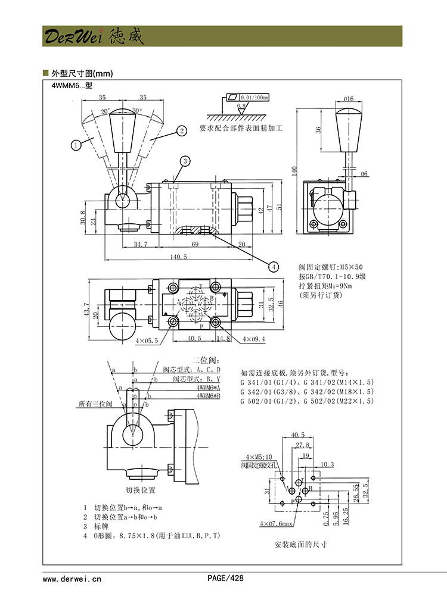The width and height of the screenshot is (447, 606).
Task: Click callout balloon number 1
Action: click(x=76, y=143)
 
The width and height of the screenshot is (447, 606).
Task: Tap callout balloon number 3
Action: click(x=185, y=161)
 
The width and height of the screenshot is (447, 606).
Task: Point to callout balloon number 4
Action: click(x=274, y=266)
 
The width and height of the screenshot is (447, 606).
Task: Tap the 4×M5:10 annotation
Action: click(x=257, y=456)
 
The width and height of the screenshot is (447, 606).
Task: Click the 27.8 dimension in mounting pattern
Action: click(x=303, y=445)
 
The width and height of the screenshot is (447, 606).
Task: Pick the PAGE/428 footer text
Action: click(x=225, y=578)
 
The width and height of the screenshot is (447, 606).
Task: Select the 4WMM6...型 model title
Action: click(x=72, y=86)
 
